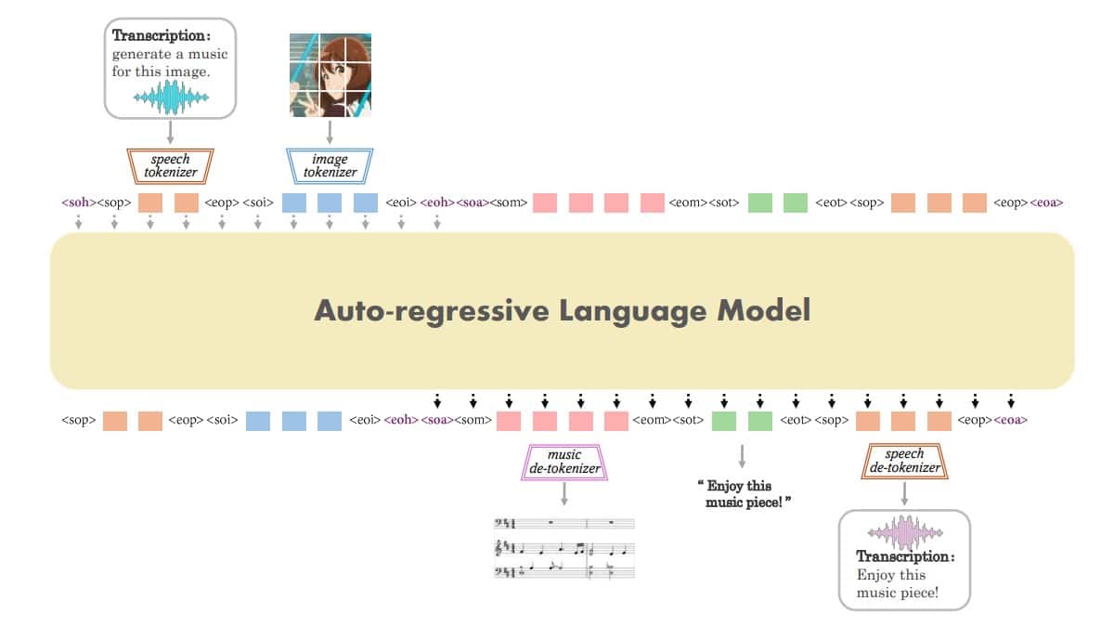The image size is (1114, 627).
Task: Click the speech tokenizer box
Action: [x=170, y=165]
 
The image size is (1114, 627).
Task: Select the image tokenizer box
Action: [x=330, y=165]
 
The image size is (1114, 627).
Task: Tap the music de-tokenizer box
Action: [x=564, y=462]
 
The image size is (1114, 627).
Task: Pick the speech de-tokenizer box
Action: [x=905, y=461]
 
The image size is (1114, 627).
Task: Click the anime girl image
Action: [x=330, y=75]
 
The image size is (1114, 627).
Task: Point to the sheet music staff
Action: [x=564, y=549]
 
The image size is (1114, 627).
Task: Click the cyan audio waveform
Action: [x=171, y=97]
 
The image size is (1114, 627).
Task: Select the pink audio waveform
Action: [x=904, y=533]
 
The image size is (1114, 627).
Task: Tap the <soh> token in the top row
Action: [x=79, y=202]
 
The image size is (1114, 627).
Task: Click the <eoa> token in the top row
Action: [x=1046, y=202]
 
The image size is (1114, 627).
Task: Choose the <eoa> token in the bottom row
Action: [x=1010, y=421]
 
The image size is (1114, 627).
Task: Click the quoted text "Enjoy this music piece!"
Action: [x=743, y=493]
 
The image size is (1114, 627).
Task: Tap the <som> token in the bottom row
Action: [x=473, y=421]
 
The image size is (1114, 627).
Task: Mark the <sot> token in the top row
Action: [x=724, y=202]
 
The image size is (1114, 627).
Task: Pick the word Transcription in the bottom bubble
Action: [x=904, y=556]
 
